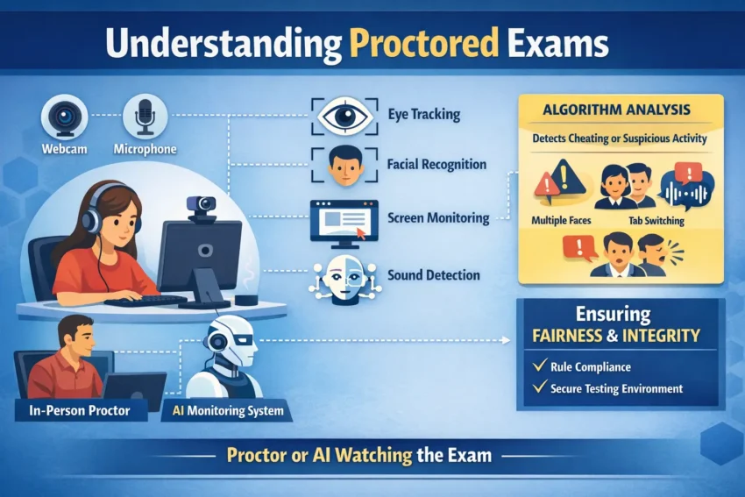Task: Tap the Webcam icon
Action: [x=65, y=117]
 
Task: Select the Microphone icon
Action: [x=145, y=117]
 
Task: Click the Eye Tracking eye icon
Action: [x=344, y=117]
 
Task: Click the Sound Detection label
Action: [x=433, y=275]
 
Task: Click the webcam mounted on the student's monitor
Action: [x=201, y=204]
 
